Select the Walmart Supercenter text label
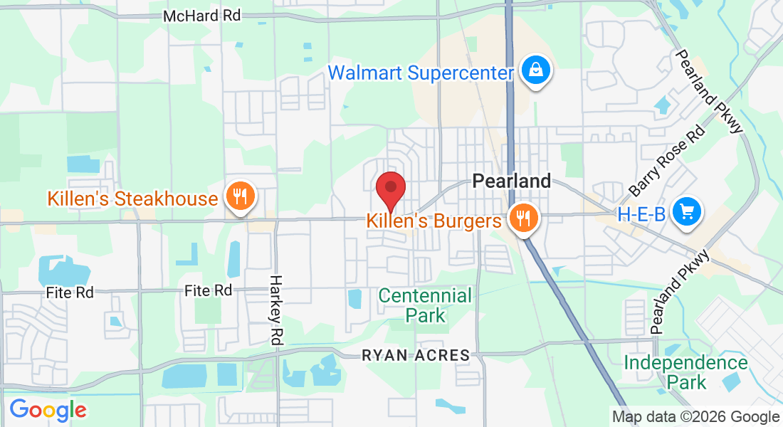421,73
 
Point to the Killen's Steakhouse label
132,198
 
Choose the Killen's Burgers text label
434,221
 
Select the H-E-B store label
641,213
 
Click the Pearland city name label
512,181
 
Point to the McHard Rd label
202,15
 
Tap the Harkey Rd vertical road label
277,310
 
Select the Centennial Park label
425,305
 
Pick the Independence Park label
686,372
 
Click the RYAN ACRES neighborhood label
416,355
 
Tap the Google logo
48,410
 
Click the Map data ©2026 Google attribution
696,417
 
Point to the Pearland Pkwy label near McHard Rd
709,91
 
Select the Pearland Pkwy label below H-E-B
680,292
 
